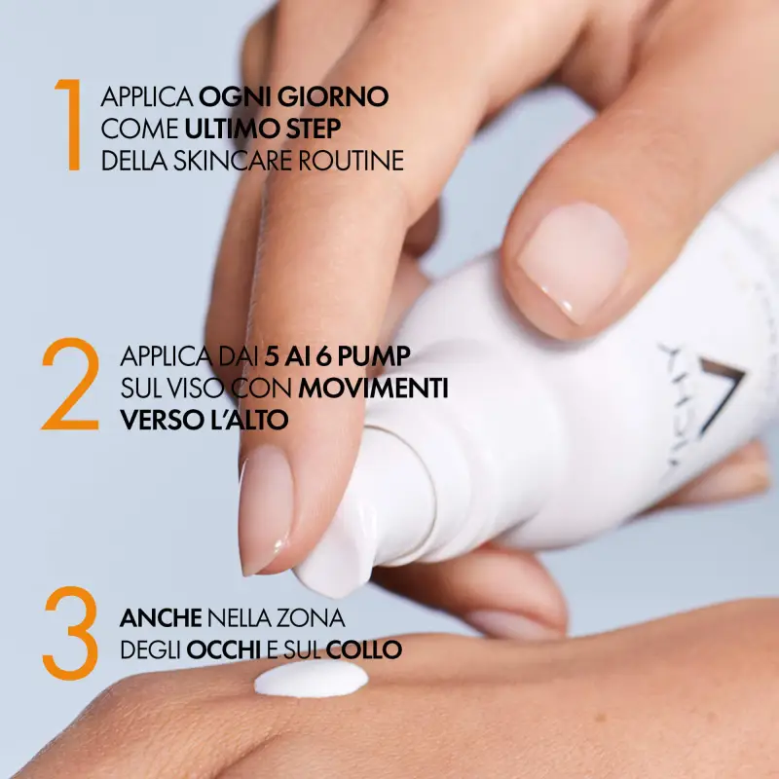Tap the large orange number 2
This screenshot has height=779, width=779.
(x=70, y=386)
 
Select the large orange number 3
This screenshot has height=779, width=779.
(x=70, y=633)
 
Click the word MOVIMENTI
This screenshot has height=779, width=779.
(x=373, y=389)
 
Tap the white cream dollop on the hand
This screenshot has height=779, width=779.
(x=311, y=681)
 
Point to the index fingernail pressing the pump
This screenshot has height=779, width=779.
(x=265, y=506)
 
